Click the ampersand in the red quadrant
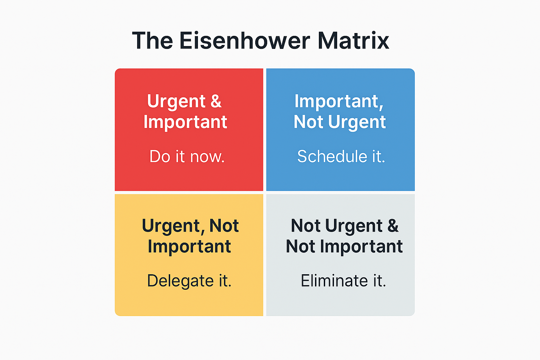coord(216,101)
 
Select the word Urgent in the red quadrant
coord(176,102)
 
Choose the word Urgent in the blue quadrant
coord(357,122)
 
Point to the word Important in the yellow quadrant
coord(189,246)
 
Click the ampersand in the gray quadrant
coord(393,226)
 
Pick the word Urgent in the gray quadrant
coord(354,226)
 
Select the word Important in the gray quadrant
coord(361,246)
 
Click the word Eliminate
coord(334,281)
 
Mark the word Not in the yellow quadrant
coord(224,226)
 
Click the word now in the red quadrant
coord(207,157)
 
